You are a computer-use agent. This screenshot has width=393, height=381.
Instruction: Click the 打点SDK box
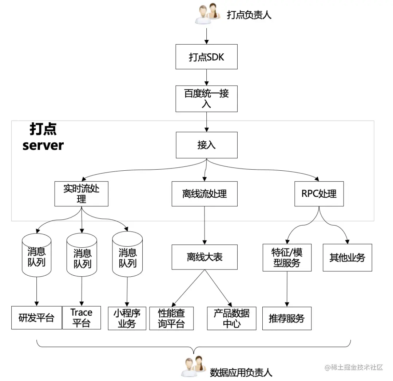pyautogui.click(x=206, y=57)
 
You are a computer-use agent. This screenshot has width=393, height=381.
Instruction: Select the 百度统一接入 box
pyautogui.click(x=206, y=98)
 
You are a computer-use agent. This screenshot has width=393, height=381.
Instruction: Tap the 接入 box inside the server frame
pyautogui.click(x=206, y=145)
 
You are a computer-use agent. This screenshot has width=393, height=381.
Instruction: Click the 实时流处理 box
pyautogui.click(x=82, y=194)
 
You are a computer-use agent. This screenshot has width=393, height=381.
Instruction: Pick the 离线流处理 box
pyautogui.click(x=205, y=194)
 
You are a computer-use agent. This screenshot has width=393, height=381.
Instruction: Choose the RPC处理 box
pyautogui.click(x=319, y=194)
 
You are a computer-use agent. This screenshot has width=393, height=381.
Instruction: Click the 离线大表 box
pyautogui.click(x=205, y=257)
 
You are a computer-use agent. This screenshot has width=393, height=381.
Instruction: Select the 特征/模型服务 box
pyautogui.click(x=287, y=258)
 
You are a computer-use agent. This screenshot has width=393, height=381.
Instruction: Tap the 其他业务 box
pyautogui.click(x=347, y=258)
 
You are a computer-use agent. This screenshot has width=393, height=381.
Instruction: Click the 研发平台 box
pyautogui.click(x=36, y=318)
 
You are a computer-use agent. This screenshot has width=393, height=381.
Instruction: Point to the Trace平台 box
pyautogui.click(x=82, y=318)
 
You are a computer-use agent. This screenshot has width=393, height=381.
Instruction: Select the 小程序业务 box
pyautogui.click(x=127, y=318)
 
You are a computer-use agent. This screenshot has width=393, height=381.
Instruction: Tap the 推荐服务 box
pyautogui.click(x=287, y=319)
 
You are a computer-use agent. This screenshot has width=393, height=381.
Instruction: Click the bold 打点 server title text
pyautogui.click(x=43, y=137)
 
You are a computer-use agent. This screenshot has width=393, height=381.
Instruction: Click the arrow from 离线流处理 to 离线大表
pyautogui.click(x=204, y=225)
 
